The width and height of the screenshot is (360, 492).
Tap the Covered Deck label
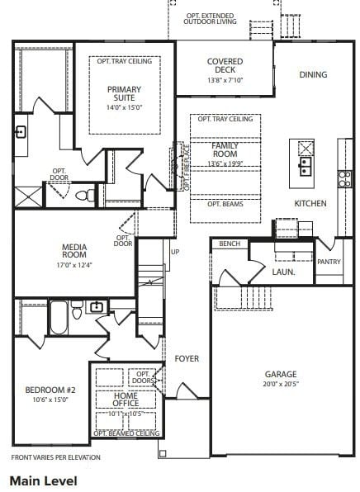(225, 65)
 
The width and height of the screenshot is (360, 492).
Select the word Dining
(313, 74)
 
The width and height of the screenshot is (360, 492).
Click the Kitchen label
(310, 203)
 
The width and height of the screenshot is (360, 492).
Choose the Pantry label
(329, 262)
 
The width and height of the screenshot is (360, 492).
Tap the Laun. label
(282, 271)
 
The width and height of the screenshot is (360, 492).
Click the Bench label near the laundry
(230, 244)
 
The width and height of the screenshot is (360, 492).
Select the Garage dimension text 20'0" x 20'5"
(281, 384)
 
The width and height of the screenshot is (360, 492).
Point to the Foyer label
(187, 358)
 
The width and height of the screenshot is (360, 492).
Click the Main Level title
(43, 480)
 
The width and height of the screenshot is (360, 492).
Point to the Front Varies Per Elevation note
(55, 457)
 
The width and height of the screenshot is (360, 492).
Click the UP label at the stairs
(174, 252)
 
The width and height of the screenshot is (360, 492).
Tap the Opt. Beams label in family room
(225, 204)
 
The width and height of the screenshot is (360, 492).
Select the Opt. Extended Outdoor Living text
(211, 18)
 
